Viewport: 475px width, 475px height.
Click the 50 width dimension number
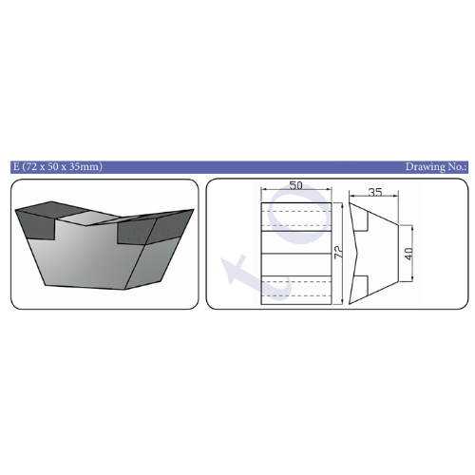point(295,185)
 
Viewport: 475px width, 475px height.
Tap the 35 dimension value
point(375,192)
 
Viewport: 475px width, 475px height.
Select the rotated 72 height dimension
point(338,253)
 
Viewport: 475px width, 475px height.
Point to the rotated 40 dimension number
point(408,254)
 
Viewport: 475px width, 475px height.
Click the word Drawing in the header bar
point(424,166)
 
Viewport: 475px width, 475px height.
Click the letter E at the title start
point(16,166)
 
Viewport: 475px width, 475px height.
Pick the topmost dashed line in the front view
point(296,211)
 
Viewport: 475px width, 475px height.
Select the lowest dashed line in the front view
point(296,296)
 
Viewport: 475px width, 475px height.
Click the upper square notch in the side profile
point(361,221)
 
